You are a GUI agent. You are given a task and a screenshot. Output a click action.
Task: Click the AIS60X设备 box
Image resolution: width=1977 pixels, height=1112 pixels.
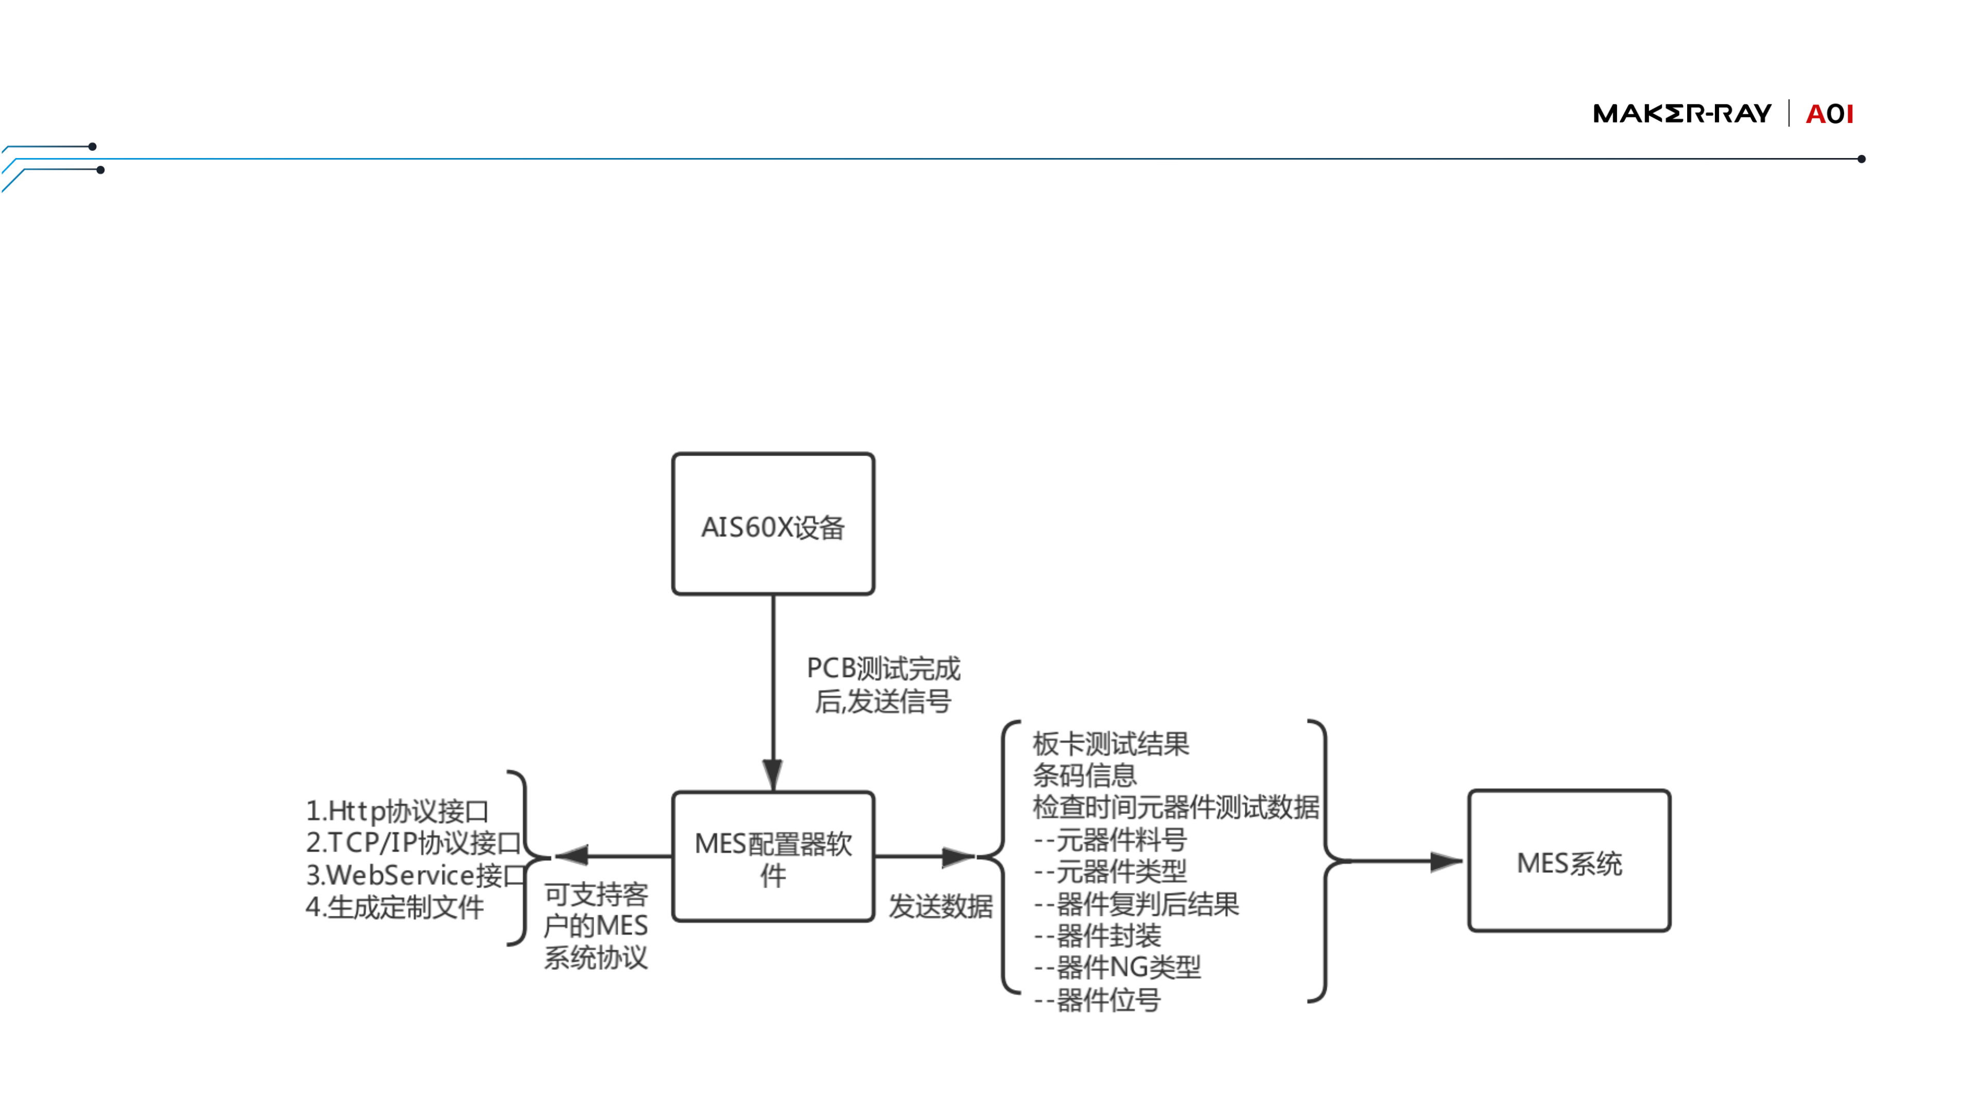pos(773,524)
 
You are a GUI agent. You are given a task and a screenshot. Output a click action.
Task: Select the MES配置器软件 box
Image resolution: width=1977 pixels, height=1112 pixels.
pos(773,857)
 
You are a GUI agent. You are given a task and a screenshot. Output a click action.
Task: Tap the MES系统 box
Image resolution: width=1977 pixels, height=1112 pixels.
pos(1569,861)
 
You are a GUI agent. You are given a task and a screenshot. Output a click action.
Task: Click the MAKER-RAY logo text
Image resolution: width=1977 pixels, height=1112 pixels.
pos(1681,114)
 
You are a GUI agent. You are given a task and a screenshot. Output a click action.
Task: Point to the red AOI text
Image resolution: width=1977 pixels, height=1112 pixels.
pos(1830,114)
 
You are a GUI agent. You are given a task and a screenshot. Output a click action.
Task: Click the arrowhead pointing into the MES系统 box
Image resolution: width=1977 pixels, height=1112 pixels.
pos(1446,862)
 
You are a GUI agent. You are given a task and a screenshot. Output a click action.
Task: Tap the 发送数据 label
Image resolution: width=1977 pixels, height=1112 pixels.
pos(940,906)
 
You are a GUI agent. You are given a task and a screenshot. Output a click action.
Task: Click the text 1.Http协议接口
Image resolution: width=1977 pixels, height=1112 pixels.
pos(397,811)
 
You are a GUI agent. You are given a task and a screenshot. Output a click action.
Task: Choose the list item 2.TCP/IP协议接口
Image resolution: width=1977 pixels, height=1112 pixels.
pos(413,843)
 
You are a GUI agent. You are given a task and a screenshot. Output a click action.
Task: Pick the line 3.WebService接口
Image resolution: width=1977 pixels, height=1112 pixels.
pos(414,875)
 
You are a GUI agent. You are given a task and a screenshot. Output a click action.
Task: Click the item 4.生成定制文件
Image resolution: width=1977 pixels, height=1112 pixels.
pos(394,907)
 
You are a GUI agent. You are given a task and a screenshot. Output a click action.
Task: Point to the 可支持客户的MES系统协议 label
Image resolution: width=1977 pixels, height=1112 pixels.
pos(596,926)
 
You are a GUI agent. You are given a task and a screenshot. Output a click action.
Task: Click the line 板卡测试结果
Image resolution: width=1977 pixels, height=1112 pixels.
pos(1111,743)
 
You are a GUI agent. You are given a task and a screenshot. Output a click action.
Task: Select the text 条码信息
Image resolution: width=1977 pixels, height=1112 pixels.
pos(1084,775)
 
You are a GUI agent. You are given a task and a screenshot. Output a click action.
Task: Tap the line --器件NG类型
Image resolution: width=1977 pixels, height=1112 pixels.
pos(1117,968)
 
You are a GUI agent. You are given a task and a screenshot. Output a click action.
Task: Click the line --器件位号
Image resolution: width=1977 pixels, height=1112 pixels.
pos(1098,1000)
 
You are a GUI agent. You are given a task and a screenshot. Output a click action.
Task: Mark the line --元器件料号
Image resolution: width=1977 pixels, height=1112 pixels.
pos(1110,840)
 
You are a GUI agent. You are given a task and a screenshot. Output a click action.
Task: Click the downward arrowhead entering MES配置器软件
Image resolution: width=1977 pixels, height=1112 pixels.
pos(773,774)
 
